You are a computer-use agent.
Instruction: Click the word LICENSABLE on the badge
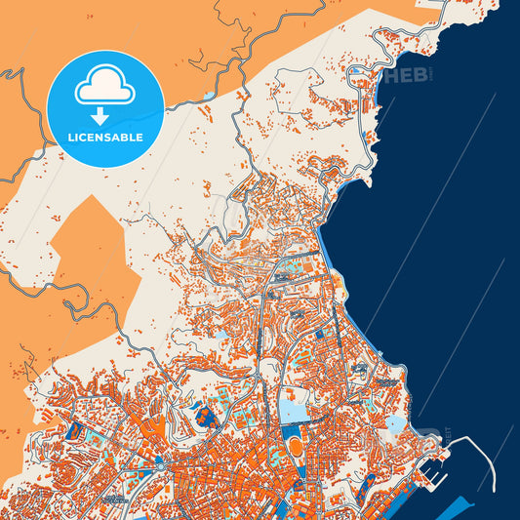tap(105, 138)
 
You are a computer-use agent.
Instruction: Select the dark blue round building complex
tap(206, 417)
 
